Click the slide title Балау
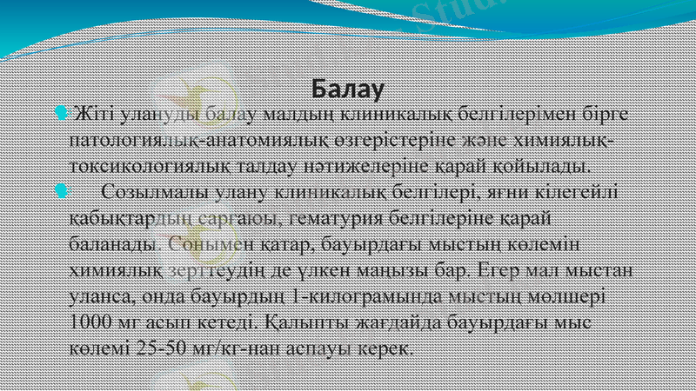click(348, 89)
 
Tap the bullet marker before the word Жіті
click(58, 114)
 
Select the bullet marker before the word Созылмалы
click(58, 190)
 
